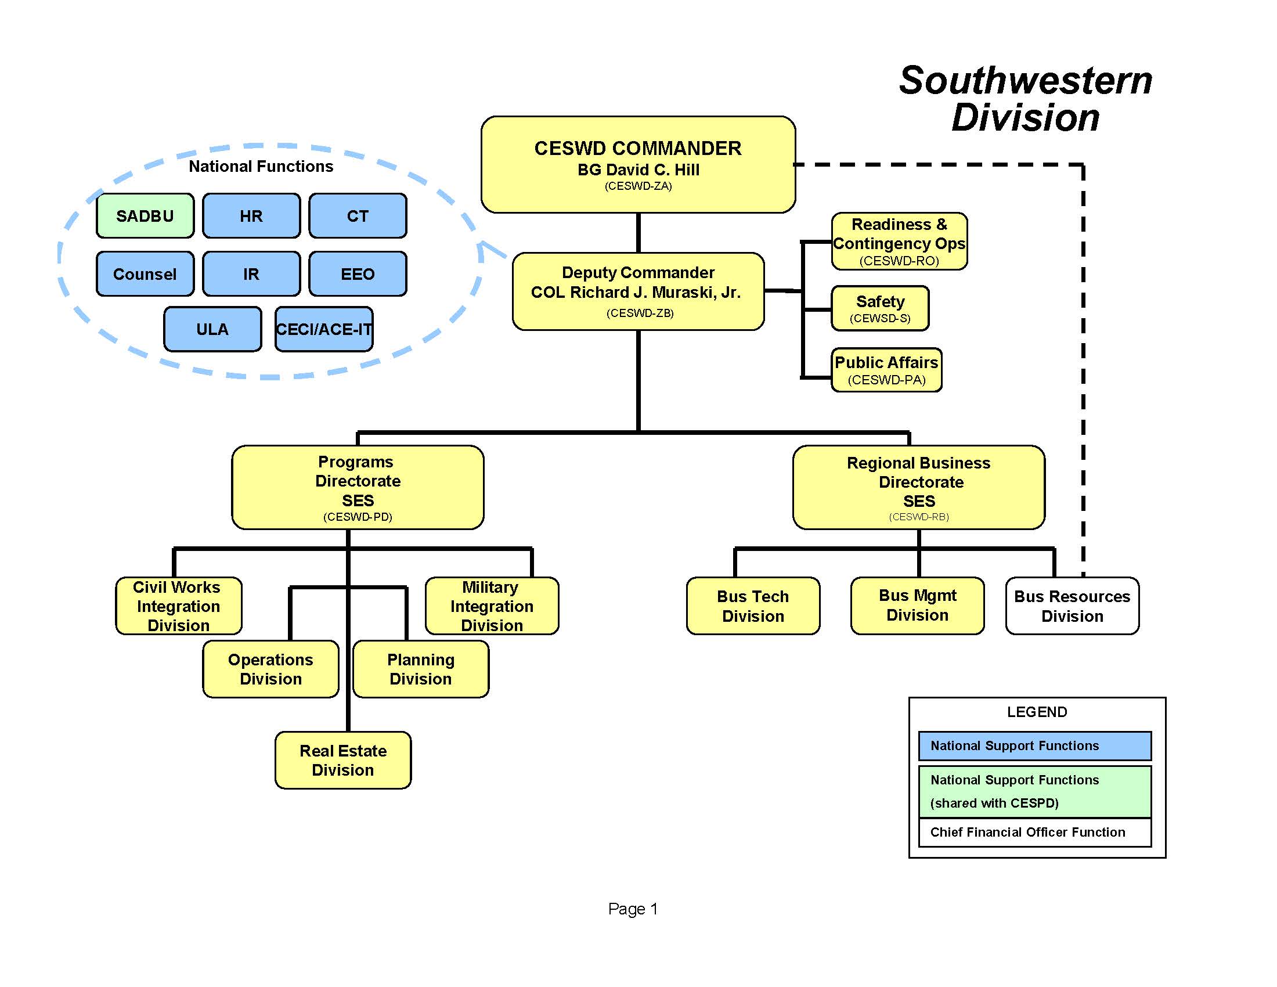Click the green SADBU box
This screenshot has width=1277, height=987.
click(145, 216)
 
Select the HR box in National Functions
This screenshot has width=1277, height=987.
click(251, 216)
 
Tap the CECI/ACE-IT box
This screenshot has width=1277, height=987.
click(324, 329)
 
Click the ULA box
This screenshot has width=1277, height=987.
click(212, 329)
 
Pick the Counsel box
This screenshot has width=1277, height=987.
click(145, 273)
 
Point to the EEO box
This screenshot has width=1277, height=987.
click(357, 273)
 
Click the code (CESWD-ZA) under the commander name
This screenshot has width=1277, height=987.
click(638, 186)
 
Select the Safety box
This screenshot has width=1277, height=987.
click(880, 308)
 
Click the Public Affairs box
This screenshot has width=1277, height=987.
click(886, 369)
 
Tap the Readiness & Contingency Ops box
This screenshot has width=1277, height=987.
click(899, 241)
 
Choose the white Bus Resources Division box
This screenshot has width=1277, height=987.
click(1072, 606)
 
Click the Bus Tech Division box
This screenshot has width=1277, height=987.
click(752, 606)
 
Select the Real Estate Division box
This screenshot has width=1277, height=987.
click(342, 760)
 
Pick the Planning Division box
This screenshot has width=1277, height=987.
click(420, 669)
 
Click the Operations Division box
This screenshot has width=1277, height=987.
click(270, 669)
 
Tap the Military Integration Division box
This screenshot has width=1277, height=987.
click(492, 606)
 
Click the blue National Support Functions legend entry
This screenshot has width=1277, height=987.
click(1034, 745)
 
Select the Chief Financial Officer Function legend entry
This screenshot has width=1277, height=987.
click(1034, 832)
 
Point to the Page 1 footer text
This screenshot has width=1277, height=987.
click(633, 909)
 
